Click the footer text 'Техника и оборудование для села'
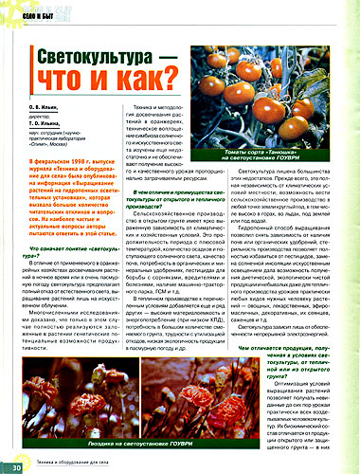(76, 465)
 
